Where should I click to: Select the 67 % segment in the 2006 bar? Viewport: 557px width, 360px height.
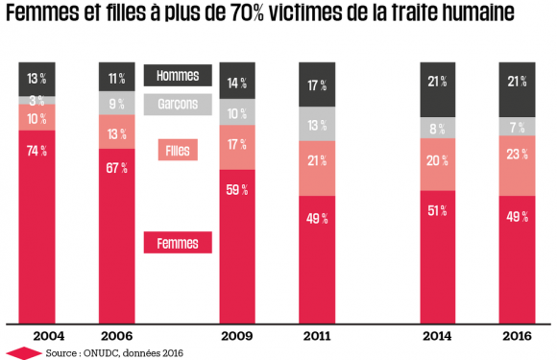117,235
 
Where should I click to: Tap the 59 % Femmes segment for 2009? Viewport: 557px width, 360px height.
238,246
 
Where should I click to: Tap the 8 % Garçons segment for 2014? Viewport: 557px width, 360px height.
438,130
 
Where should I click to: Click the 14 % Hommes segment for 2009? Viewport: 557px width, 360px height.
238,83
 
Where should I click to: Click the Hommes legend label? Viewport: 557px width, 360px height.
177,74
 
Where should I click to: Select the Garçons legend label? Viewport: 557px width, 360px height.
177,103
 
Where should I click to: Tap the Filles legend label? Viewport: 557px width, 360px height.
177,151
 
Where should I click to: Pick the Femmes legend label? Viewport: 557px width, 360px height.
177,243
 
